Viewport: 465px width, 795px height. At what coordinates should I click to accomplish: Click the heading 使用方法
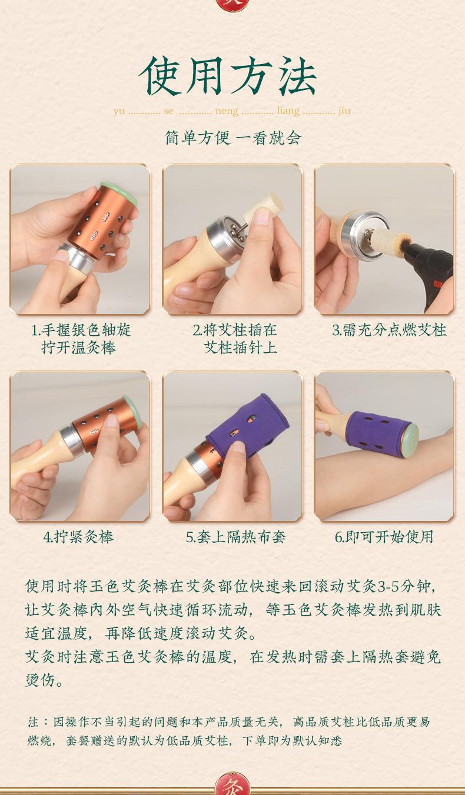pos(228,77)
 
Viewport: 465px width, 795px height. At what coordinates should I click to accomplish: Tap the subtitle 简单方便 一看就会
pos(233,138)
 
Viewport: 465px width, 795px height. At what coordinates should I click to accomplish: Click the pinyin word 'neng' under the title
pos(227,111)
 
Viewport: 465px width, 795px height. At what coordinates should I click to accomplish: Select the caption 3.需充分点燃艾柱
pos(389,330)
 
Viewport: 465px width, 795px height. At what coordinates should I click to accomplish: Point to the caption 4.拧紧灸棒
pos(78,537)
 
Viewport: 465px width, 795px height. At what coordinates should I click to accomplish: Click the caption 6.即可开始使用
pos(384,537)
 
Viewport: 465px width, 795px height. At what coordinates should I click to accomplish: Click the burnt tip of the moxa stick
pos(404,241)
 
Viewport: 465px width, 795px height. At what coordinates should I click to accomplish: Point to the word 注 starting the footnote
pos(34,722)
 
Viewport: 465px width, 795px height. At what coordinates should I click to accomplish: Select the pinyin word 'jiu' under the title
pos(344,111)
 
